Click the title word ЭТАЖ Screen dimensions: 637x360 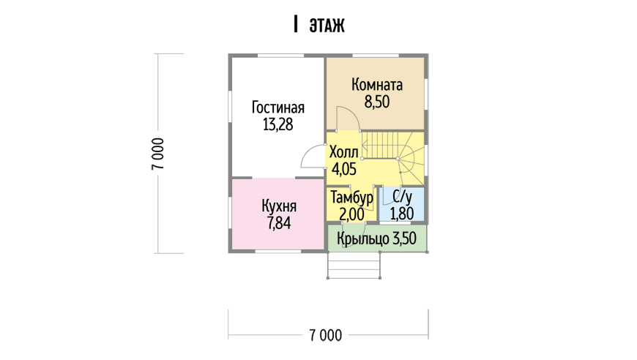click(x=327, y=25)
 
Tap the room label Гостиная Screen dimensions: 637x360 click(x=278, y=108)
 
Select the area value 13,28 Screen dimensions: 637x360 click(x=278, y=124)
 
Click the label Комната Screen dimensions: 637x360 click(x=377, y=85)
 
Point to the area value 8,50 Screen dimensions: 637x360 click(x=377, y=102)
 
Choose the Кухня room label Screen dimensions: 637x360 click(x=279, y=206)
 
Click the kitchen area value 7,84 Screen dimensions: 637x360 click(x=279, y=223)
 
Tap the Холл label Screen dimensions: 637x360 click(x=343, y=152)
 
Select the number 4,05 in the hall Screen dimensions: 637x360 click(x=343, y=169)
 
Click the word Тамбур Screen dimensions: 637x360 click(x=351, y=198)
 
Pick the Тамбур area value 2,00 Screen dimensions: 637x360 click(x=351, y=214)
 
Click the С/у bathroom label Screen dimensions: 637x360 click(x=402, y=198)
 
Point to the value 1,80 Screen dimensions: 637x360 click(x=402, y=214)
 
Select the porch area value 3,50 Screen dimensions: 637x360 click(x=404, y=239)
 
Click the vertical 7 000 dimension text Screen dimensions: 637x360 click(x=158, y=154)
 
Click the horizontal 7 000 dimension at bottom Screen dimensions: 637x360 click(x=326, y=335)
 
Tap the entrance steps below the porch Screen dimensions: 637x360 click(x=354, y=266)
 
